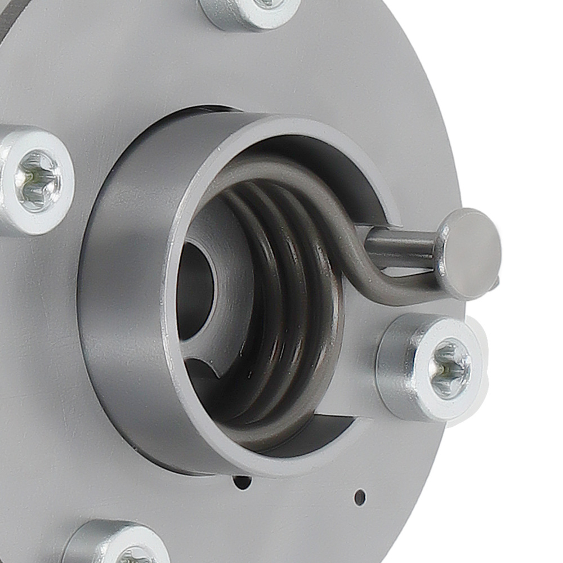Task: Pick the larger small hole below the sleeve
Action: pyautogui.click(x=242, y=482)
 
